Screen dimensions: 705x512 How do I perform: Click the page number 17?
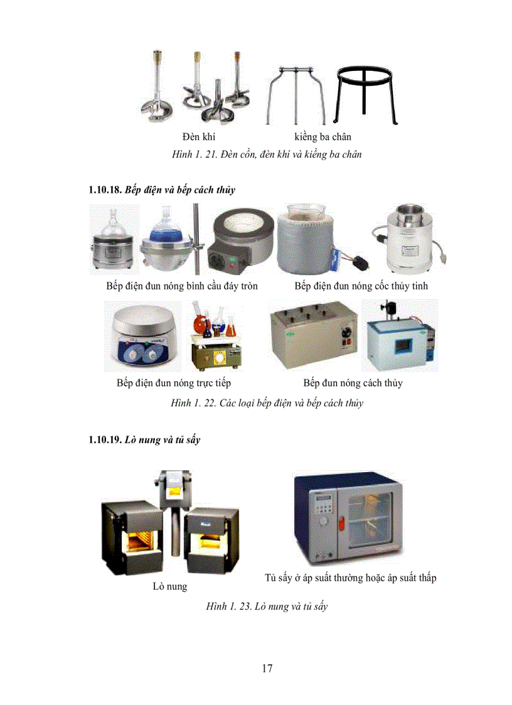click(x=267, y=668)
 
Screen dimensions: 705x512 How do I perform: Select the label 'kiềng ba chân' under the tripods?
click(x=323, y=137)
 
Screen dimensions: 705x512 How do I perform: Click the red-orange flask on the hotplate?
click(x=200, y=327)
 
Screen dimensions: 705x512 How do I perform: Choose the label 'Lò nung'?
click(x=169, y=586)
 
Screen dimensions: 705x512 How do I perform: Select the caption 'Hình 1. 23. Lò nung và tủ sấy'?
click(x=267, y=606)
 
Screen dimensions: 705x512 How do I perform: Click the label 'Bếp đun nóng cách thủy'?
click(x=353, y=382)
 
